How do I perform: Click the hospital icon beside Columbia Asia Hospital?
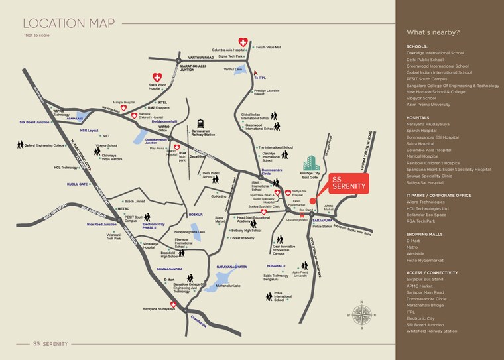tap(243, 42)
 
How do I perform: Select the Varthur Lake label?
tap(233, 69)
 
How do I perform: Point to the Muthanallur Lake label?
tap(227, 286)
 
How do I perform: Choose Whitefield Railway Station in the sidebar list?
tap(432, 331)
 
